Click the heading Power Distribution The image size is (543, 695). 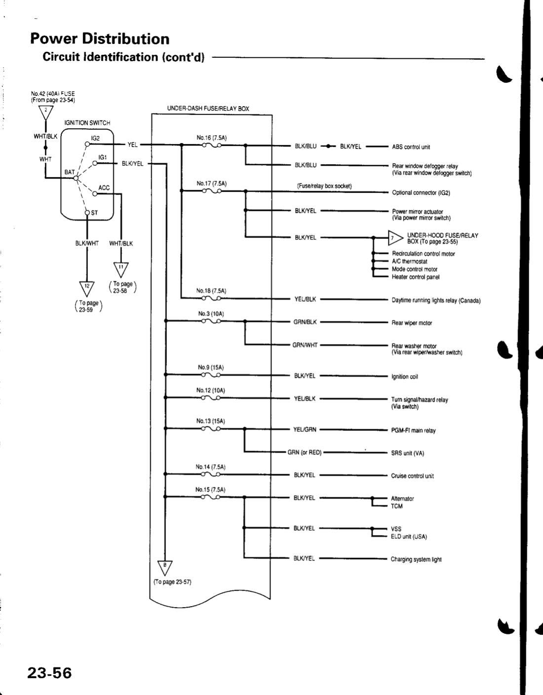[x=99, y=39]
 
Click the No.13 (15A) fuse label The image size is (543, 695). [x=211, y=421]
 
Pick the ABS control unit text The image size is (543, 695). [x=411, y=147]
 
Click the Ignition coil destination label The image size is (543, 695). [x=404, y=377]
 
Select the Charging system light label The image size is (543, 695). [x=416, y=559]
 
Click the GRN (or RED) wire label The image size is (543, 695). [x=305, y=452]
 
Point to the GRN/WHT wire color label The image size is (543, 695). [x=306, y=346]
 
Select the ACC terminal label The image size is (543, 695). [x=104, y=188]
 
